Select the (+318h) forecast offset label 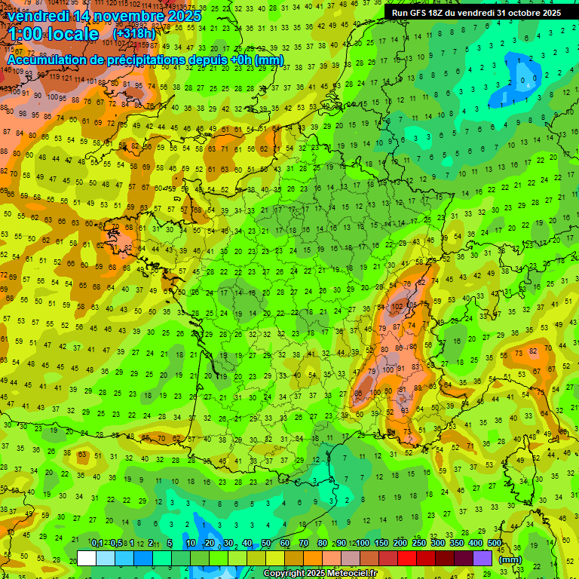coord(134,34)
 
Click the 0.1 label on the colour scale coord(96,544)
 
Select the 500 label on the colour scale coord(495,544)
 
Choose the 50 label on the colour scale coord(266,544)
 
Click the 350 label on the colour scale coord(457,544)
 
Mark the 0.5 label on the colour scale coord(115,544)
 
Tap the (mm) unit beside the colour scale coord(510,559)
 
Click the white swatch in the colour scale coord(87,558)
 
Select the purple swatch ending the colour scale coord(482,558)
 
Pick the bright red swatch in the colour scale coord(407,558)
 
